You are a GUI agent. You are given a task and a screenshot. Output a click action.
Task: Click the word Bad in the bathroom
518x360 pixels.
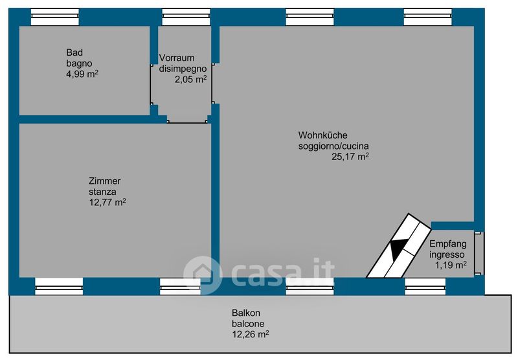click(x=74, y=52)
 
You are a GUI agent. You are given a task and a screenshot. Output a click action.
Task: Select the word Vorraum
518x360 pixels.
click(x=176, y=58)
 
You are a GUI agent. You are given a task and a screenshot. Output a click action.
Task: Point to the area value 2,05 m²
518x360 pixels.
click(x=190, y=79)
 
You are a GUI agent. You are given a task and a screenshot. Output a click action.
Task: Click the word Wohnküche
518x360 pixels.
click(x=322, y=135)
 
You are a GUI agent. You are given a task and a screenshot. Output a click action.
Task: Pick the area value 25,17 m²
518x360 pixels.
click(x=350, y=156)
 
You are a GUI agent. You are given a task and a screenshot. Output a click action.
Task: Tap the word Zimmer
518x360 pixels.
click(x=105, y=181)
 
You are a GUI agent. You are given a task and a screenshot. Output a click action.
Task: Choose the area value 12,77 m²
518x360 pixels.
click(x=107, y=202)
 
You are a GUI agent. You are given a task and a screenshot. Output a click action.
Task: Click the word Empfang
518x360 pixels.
click(x=447, y=243)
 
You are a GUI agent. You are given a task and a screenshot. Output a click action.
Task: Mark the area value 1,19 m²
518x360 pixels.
click(x=451, y=265)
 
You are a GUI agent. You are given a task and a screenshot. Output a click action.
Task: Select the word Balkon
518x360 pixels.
click(x=245, y=313)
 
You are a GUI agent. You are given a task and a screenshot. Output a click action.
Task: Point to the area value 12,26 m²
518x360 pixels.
click(x=250, y=334)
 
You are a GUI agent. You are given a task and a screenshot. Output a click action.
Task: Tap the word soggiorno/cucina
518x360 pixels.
click(x=333, y=146)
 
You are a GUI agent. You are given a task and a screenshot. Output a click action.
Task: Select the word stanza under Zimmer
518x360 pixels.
click(x=102, y=192)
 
